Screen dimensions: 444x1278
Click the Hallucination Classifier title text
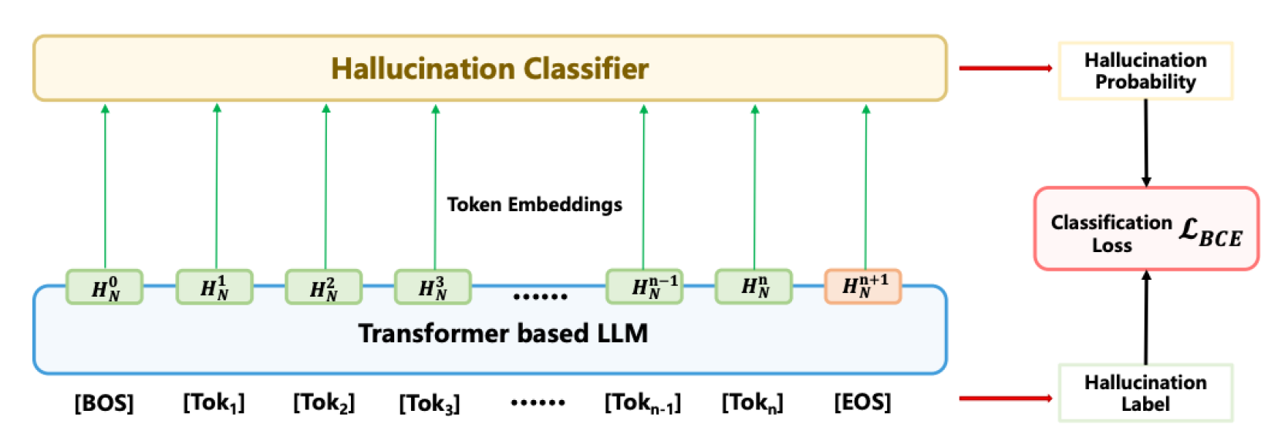(489, 69)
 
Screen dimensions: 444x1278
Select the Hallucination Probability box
(1145, 71)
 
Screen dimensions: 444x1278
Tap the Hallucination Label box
(1145, 393)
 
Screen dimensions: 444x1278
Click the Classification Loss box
(1145, 229)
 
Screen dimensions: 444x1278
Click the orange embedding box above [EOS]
(862, 287)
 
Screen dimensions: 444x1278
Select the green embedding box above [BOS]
(104, 288)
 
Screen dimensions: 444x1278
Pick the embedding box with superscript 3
(433, 288)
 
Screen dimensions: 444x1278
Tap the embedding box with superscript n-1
(644, 287)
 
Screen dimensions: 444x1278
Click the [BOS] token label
(103, 402)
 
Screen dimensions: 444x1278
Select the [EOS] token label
(862, 402)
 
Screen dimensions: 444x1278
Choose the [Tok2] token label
(323, 402)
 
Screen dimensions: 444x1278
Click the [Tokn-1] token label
(642, 402)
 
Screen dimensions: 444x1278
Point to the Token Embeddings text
(534, 204)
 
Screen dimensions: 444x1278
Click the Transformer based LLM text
(503, 333)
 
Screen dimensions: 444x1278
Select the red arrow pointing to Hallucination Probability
(1005, 69)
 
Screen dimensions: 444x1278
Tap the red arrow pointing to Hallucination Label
(1005, 399)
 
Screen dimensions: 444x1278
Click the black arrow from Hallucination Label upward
(1146, 318)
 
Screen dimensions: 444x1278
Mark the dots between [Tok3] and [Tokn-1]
(538, 402)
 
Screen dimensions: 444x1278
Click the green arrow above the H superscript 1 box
(217, 185)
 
